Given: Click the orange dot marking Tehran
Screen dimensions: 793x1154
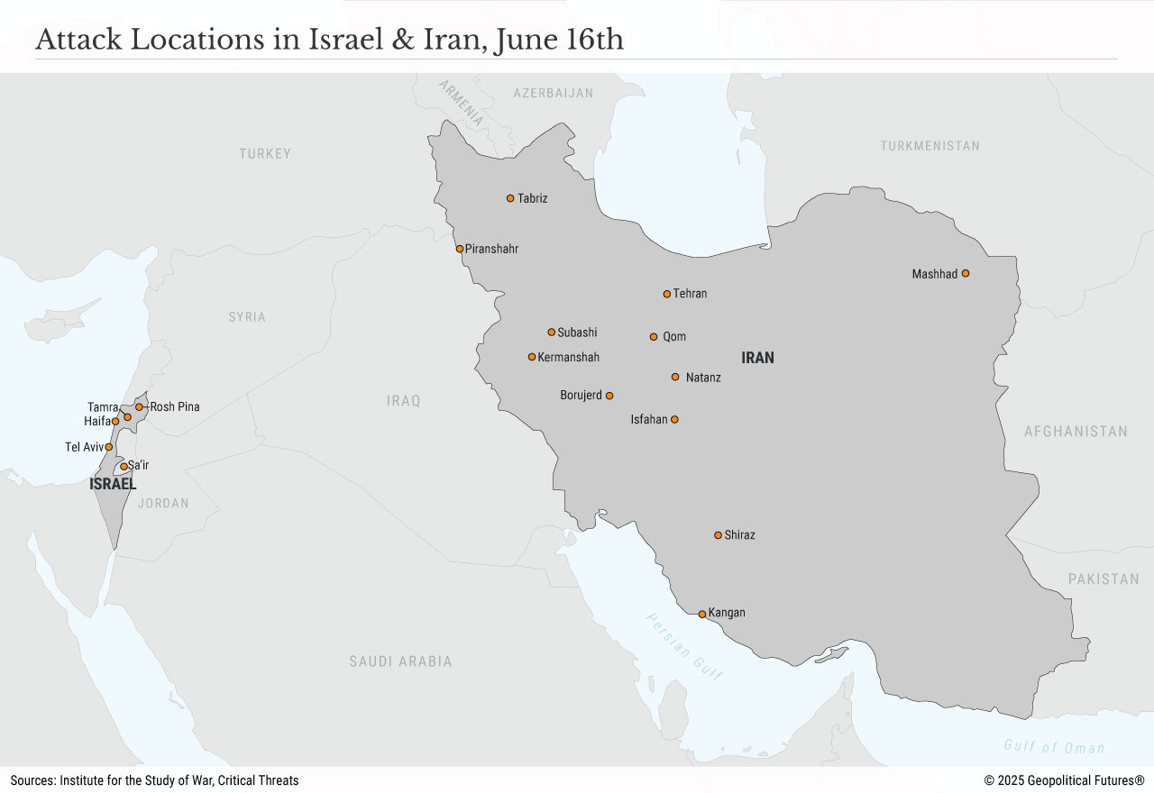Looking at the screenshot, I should (x=667, y=294).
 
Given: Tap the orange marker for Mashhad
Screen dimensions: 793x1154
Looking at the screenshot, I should (x=965, y=273).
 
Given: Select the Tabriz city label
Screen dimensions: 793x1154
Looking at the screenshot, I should (x=532, y=198).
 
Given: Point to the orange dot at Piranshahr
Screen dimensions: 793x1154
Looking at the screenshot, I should (x=460, y=249).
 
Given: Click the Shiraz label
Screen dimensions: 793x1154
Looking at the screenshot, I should (x=739, y=535).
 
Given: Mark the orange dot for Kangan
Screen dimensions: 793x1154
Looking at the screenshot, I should (x=702, y=615).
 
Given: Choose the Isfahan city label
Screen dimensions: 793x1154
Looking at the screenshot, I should (x=648, y=419).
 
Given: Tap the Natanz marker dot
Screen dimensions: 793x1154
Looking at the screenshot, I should (x=675, y=377).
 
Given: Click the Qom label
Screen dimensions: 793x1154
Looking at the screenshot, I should (x=674, y=337).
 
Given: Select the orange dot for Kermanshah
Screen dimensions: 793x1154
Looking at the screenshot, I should (x=532, y=357).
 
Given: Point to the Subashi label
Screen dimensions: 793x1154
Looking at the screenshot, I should (x=577, y=333).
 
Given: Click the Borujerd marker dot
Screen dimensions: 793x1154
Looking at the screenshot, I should (x=609, y=396).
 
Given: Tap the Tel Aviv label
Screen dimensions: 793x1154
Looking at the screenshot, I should (x=84, y=447).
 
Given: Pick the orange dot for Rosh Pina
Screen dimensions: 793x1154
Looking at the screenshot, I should (x=140, y=406).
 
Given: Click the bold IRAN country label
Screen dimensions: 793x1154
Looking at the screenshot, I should (x=757, y=358).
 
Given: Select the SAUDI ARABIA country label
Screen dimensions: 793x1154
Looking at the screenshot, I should (x=400, y=661).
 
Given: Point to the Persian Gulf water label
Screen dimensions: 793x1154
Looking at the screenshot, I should (x=684, y=646).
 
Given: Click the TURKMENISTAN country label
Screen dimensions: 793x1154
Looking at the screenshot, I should (x=930, y=146).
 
